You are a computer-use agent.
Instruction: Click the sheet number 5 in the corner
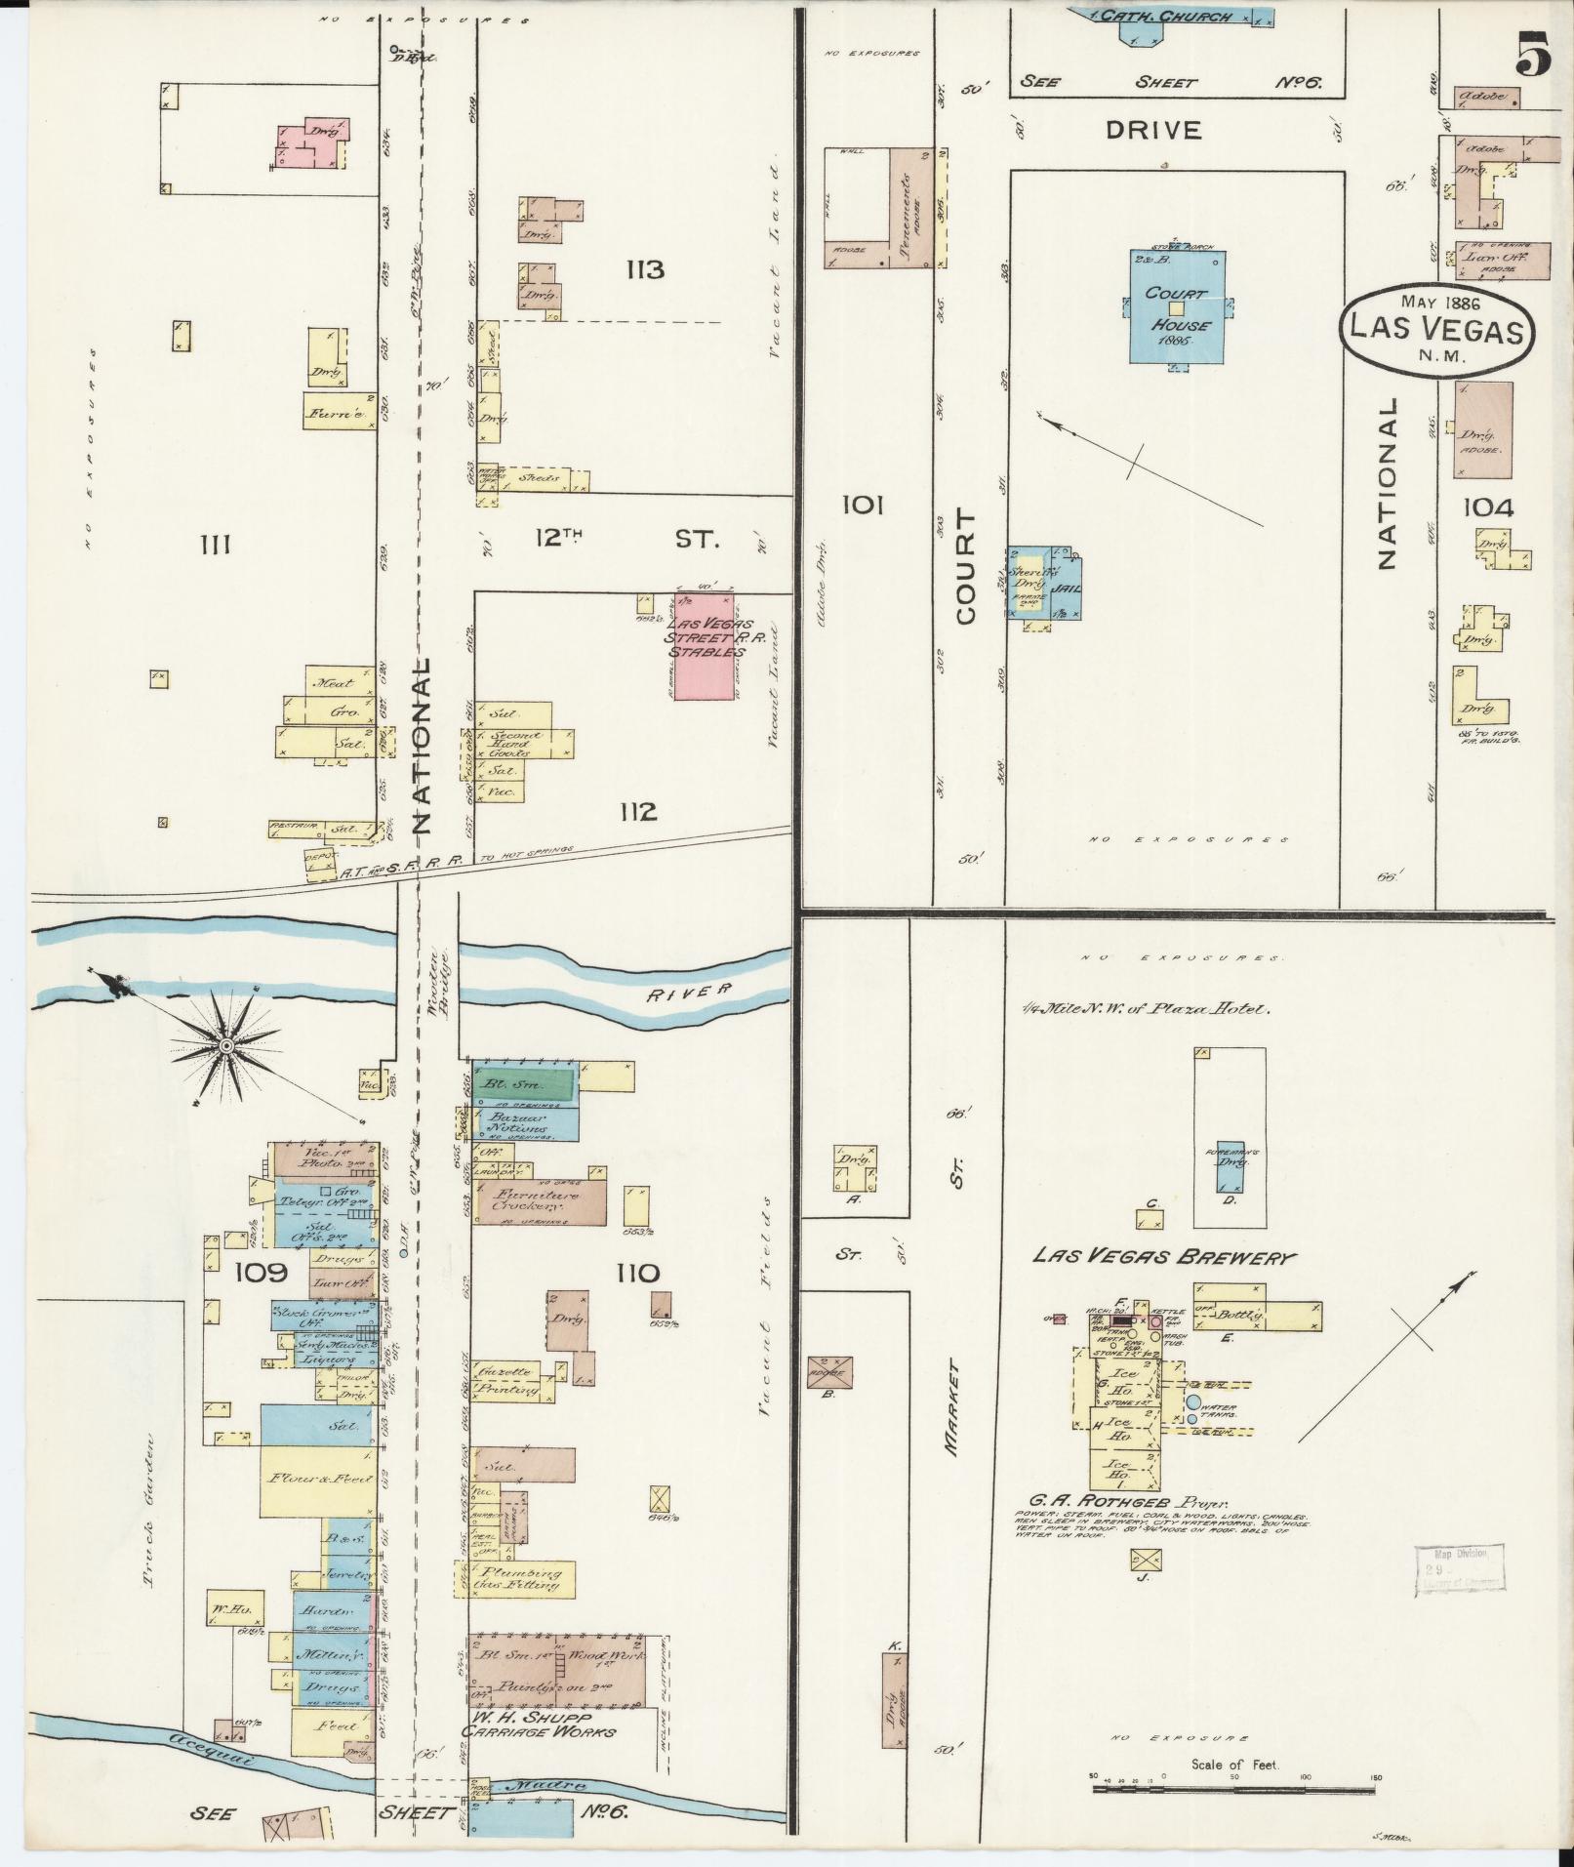pos(1532,55)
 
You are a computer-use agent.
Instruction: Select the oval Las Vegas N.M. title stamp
pos(1434,328)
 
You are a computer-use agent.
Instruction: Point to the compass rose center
pos(226,1046)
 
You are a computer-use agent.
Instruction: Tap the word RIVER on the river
pos(689,992)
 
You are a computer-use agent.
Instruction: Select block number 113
pos(645,269)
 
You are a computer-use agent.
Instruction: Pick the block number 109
pos(260,1273)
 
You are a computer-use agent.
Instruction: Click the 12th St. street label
pos(625,538)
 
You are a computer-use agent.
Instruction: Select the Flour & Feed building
pos(316,1480)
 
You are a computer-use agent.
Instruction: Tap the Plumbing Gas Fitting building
pos(518,1580)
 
